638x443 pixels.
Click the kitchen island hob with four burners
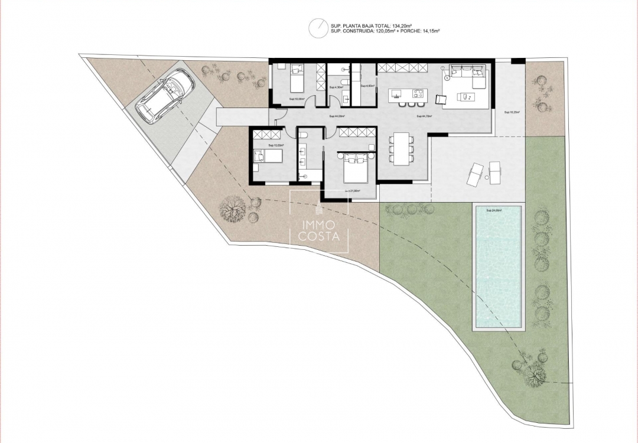pos(419,93)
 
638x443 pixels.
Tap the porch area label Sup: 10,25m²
pos(511,112)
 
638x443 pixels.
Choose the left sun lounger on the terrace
pos(476,173)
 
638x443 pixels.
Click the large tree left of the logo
pos(232,208)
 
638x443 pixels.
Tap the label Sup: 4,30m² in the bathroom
pos(336,87)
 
